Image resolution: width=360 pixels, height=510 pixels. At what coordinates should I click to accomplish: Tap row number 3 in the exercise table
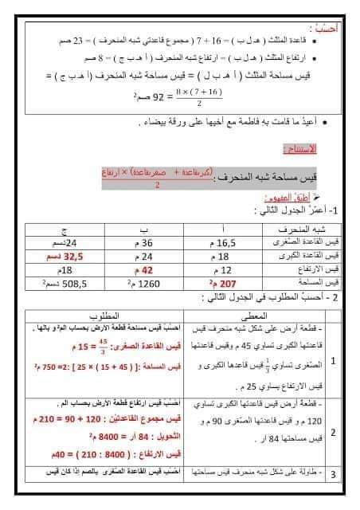[333, 475]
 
